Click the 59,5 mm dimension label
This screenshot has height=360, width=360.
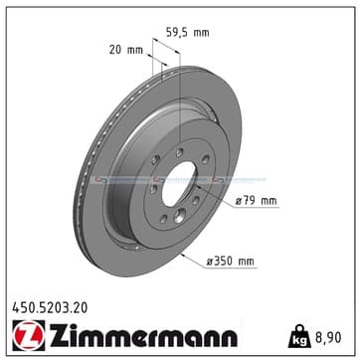point(187,33)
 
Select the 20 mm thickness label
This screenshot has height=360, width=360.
point(126,50)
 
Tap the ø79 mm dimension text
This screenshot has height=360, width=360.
point(257,201)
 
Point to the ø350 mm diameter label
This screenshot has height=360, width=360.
point(231,262)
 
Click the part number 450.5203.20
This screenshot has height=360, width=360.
point(50,308)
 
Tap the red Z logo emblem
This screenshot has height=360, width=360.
point(29,335)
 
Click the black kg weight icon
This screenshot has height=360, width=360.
point(298,336)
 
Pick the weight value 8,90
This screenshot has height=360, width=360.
point(327,337)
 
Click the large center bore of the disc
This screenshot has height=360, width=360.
point(179,183)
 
